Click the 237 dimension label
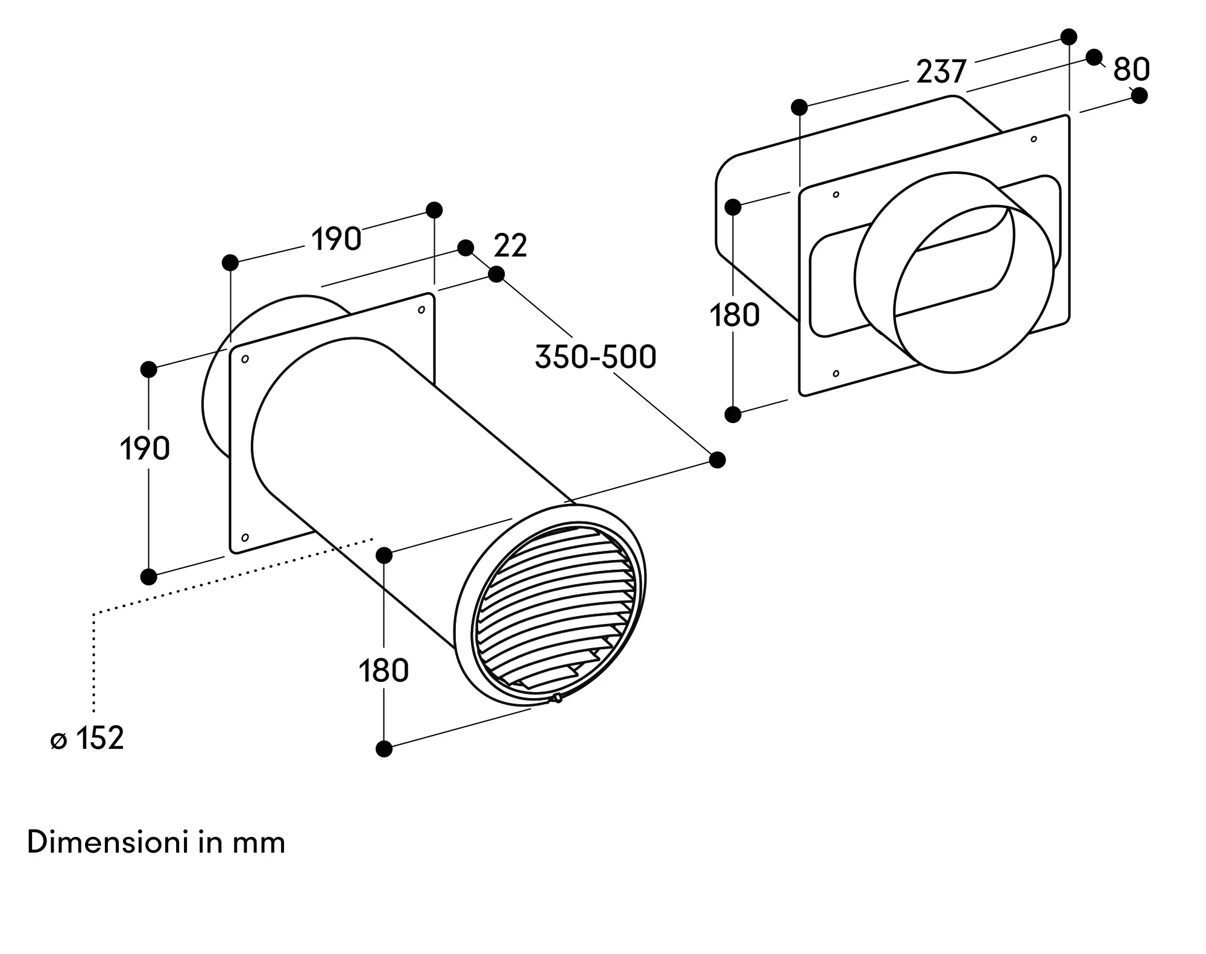(941, 72)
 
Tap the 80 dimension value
(1131, 69)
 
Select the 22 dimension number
(510, 246)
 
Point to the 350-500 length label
(595, 357)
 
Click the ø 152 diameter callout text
(87, 739)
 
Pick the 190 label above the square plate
(336, 239)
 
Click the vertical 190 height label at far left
(145, 449)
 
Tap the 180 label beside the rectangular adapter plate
(734, 316)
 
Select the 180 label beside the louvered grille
(384, 670)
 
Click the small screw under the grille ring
(557, 699)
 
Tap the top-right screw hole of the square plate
(421, 310)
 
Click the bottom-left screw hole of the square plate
(245, 537)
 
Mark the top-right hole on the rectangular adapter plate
(1034, 139)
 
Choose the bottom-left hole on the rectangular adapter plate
(836, 374)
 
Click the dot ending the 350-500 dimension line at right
(717, 460)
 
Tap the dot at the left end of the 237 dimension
(800, 107)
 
